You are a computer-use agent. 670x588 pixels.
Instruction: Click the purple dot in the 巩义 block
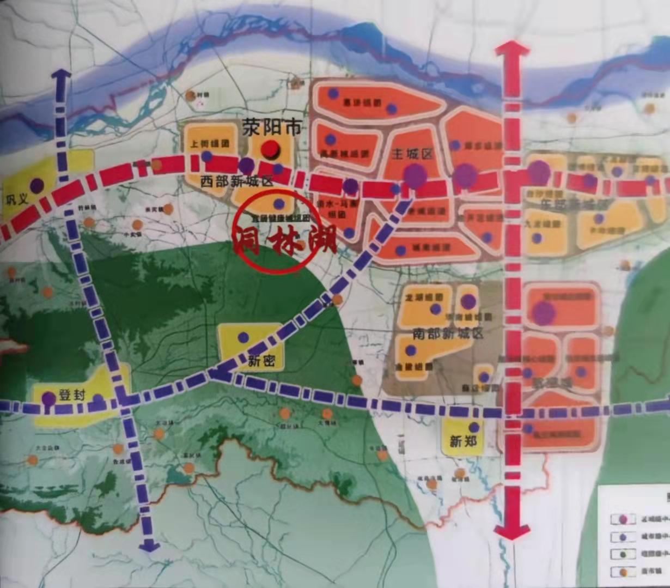[x=36, y=185]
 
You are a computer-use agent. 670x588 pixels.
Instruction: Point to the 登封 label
[x=72, y=396]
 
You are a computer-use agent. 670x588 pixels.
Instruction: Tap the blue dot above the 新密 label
[x=243, y=337]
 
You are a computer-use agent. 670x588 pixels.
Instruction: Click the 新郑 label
[x=463, y=440]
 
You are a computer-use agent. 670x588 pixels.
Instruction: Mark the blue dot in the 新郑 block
[x=474, y=427]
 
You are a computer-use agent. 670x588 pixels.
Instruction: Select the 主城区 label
[x=412, y=154]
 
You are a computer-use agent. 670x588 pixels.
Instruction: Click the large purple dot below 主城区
[x=415, y=175]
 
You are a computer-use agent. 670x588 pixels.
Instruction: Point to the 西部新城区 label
[x=236, y=181]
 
